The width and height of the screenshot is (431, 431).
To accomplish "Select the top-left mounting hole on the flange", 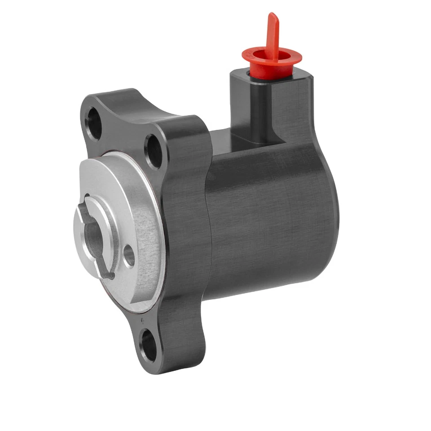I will [x=94, y=123].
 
